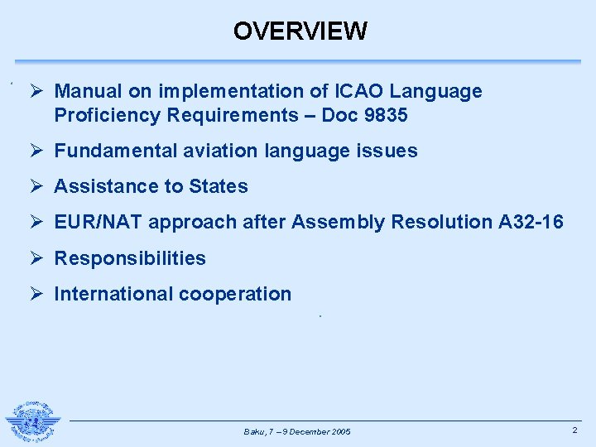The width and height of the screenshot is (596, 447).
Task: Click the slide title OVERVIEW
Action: pyautogui.click(x=300, y=31)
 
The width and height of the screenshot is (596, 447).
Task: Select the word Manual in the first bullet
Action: pyautogui.click(x=87, y=91)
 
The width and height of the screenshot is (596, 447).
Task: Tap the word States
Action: pyautogui.click(x=219, y=186)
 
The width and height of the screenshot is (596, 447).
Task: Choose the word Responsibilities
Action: pyautogui.click(x=130, y=258)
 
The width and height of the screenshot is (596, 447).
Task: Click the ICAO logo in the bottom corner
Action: pyautogui.click(x=33, y=422)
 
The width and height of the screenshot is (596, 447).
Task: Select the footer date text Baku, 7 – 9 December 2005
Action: pyautogui.click(x=297, y=432)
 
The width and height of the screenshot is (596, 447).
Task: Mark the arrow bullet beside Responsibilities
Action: pyautogui.click(x=36, y=258)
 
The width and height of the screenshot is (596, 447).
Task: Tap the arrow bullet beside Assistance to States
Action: pyautogui.click(x=36, y=186)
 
